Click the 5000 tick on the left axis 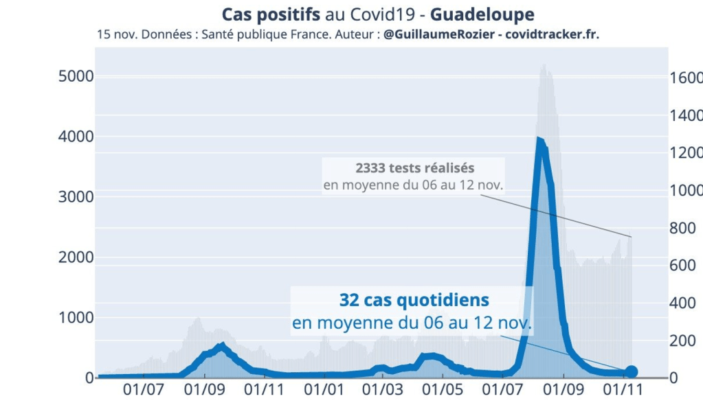click(x=75, y=76)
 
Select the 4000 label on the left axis click(x=75, y=136)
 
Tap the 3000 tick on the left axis click(x=75, y=196)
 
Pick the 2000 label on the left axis click(x=75, y=257)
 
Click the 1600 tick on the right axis click(x=686, y=77)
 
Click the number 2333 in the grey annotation click(x=371, y=168)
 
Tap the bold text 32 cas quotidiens click(x=414, y=300)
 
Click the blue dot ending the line click(x=631, y=372)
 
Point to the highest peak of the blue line click(x=539, y=140)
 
